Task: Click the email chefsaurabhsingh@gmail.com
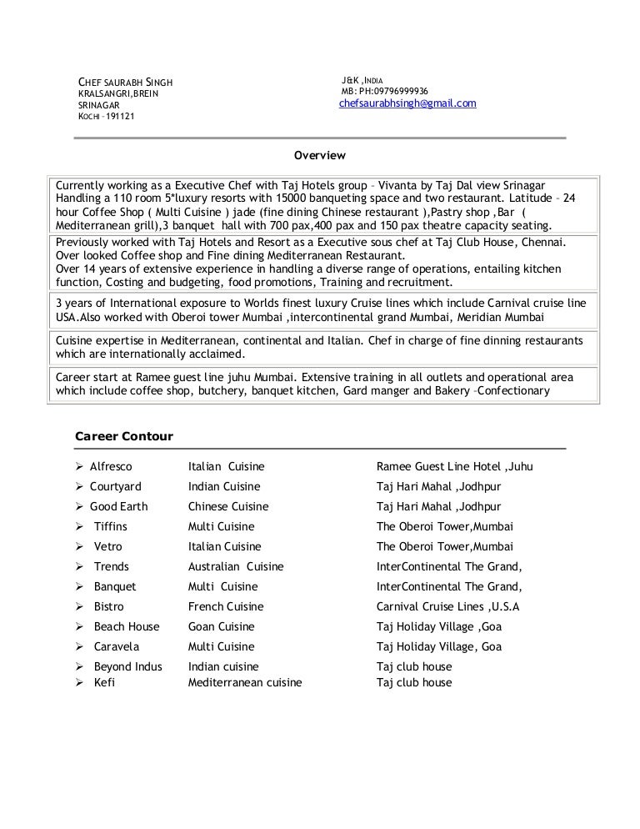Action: coord(407,103)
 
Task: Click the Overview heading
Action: coord(319,155)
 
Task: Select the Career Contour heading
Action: coord(124,436)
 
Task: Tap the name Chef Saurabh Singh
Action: coord(125,82)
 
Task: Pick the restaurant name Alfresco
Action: coord(111,467)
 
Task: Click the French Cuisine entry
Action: coord(225,607)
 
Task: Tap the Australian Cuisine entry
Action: coord(236,567)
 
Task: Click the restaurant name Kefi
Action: coord(104,683)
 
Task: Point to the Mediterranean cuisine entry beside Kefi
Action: coord(245,683)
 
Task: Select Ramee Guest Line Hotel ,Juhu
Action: coord(454,467)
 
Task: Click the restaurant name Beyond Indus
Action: coord(127,667)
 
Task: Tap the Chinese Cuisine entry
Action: coord(228,507)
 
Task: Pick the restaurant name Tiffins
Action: coord(111,527)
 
